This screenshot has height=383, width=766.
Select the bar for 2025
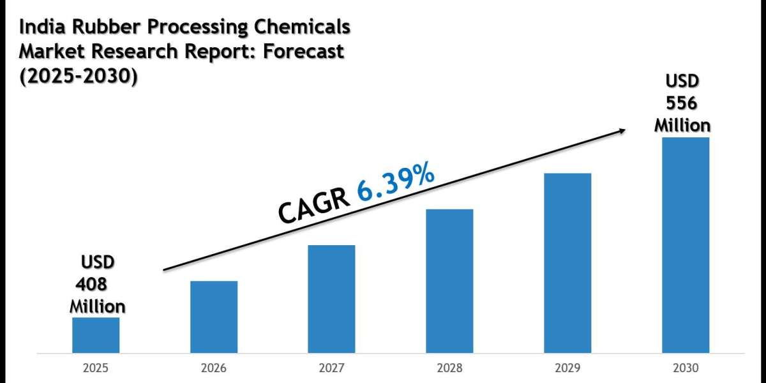pyautogui.click(x=96, y=335)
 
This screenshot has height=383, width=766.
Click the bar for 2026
pyautogui.click(x=214, y=317)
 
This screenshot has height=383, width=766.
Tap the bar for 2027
pyautogui.click(x=331, y=299)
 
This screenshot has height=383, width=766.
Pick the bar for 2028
pyautogui.click(x=449, y=281)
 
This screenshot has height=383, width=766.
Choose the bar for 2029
pyautogui.click(x=567, y=263)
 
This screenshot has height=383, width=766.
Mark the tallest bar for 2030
pyautogui.click(x=686, y=245)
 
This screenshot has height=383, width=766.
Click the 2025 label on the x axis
pyautogui.click(x=96, y=368)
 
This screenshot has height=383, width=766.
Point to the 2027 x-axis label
pyautogui.click(x=331, y=368)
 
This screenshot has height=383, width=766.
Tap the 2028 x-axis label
pyautogui.click(x=449, y=368)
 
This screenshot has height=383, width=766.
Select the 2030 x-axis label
pyautogui.click(x=686, y=368)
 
